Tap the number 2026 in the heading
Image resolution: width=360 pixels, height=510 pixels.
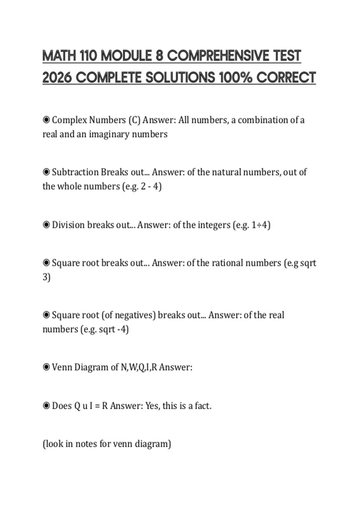point(57,78)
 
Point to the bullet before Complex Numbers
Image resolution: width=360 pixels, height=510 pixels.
point(46,120)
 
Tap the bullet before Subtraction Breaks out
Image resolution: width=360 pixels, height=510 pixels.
point(46,172)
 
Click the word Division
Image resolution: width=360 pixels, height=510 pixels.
point(68,225)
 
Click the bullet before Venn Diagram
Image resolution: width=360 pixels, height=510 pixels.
point(46,367)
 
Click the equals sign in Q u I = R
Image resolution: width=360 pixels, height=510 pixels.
point(97,406)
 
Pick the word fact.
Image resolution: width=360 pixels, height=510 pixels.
point(203,406)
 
